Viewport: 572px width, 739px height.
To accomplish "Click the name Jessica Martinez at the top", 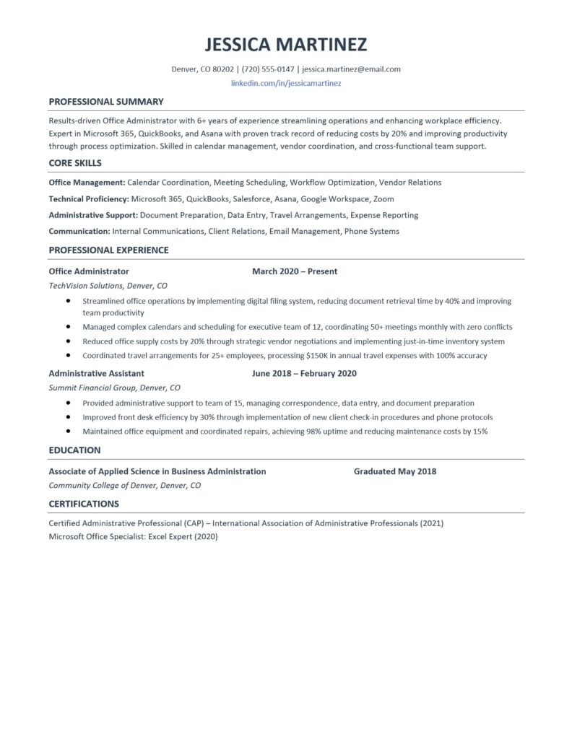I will point(285,44).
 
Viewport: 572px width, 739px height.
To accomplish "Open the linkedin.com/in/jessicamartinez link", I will point(285,84).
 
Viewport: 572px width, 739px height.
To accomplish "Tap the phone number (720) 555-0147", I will point(268,69).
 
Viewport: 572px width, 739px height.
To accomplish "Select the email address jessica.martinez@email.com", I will point(351,69).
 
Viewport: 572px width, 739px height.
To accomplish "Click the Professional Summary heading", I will point(105,102).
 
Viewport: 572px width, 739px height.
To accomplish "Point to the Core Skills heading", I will point(74,163).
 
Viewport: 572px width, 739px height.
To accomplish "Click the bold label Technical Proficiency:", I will point(88,198).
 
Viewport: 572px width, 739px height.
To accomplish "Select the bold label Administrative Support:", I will point(92,215).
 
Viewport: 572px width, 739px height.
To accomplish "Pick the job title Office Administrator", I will point(88,271).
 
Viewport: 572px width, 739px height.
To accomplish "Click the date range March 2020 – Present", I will point(295,271).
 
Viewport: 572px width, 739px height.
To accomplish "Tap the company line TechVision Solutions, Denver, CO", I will point(108,285).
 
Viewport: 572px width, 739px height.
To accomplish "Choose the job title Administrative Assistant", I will point(96,374).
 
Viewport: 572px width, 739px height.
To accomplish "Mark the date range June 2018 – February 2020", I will point(304,374).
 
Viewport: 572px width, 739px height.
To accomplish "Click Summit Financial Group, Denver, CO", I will point(114,388).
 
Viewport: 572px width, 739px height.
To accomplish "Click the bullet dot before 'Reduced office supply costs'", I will point(68,341).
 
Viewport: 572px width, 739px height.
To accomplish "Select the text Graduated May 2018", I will point(394,471).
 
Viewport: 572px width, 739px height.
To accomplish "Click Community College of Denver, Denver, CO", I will point(124,486).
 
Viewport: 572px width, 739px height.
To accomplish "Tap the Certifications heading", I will point(83,504).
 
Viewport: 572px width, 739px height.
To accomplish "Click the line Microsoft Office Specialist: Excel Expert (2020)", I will point(133,537).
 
